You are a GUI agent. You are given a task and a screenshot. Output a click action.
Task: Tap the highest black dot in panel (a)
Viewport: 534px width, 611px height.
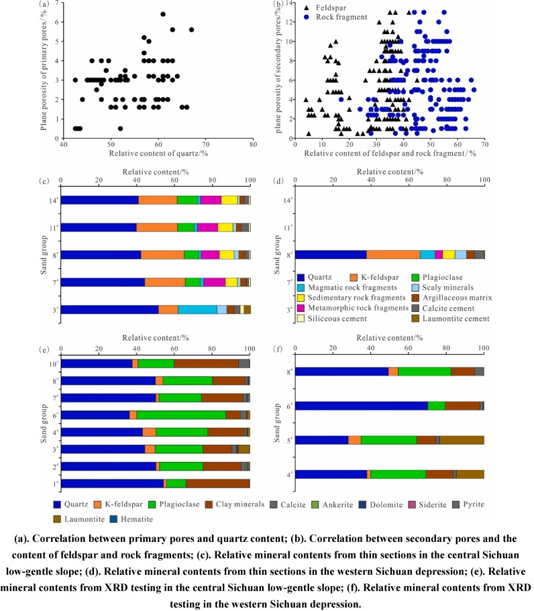(x=162, y=14)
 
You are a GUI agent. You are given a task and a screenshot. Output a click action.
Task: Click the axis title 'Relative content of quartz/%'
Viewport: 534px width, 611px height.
(x=158, y=156)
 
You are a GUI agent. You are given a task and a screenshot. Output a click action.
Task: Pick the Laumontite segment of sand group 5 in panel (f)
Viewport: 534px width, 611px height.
(x=462, y=440)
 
